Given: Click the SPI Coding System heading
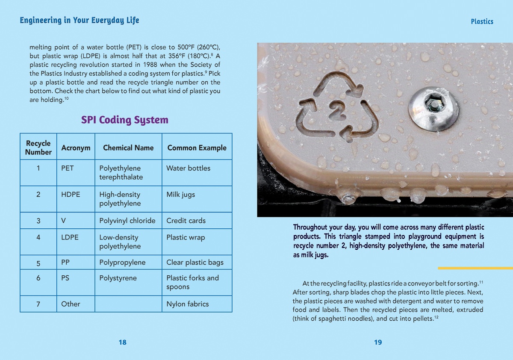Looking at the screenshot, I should (x=125, y=120).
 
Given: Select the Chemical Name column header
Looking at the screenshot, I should (x=128, y=148).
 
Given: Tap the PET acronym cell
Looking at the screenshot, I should (x=68, y=168).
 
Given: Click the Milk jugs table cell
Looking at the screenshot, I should (x=180, y=195).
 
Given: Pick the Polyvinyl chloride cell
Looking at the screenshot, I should (x=127, y=221).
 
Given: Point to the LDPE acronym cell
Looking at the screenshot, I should (x=70, y=237).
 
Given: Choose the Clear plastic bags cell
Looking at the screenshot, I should (x=195, y=263).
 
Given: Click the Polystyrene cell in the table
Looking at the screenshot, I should (x=118, y=278).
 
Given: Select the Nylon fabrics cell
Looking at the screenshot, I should (x=188, y=304).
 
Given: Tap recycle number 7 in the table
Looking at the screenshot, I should (x=38, y=304).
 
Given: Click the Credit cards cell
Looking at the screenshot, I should (x=186, y=221).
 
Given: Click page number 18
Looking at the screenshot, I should (x=123, y=342).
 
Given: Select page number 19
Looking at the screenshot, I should (x=378, y=342).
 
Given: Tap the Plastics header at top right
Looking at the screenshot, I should (x=482, y=21).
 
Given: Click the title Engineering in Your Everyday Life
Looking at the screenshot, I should (x=80, y=20).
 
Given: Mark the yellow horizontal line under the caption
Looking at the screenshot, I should (x=475, y=268).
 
